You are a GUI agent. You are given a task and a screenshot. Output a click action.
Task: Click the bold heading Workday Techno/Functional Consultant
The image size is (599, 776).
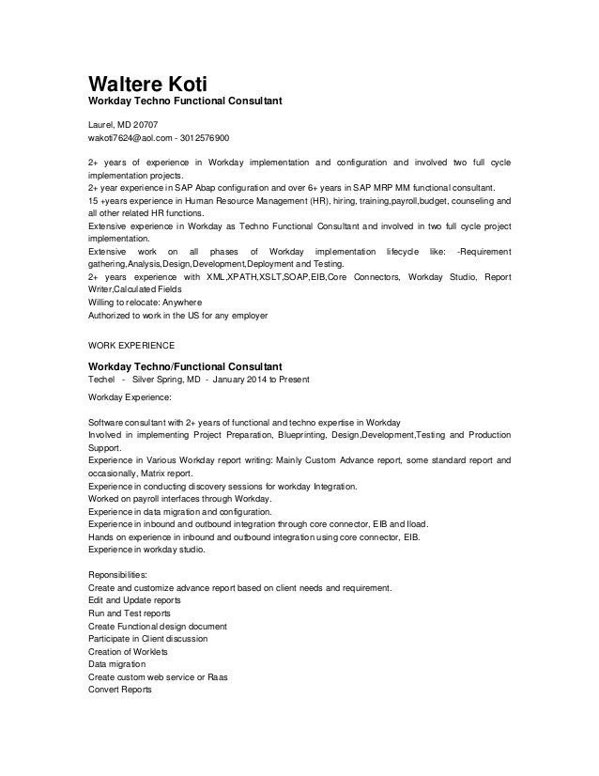click(185, 365)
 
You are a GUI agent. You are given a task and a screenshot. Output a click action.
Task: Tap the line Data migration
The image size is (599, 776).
click(116, 663)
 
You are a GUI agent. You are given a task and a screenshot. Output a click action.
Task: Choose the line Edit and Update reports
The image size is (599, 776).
click(134, 600)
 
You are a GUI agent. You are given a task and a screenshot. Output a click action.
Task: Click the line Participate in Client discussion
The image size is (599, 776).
click(147, 638)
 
